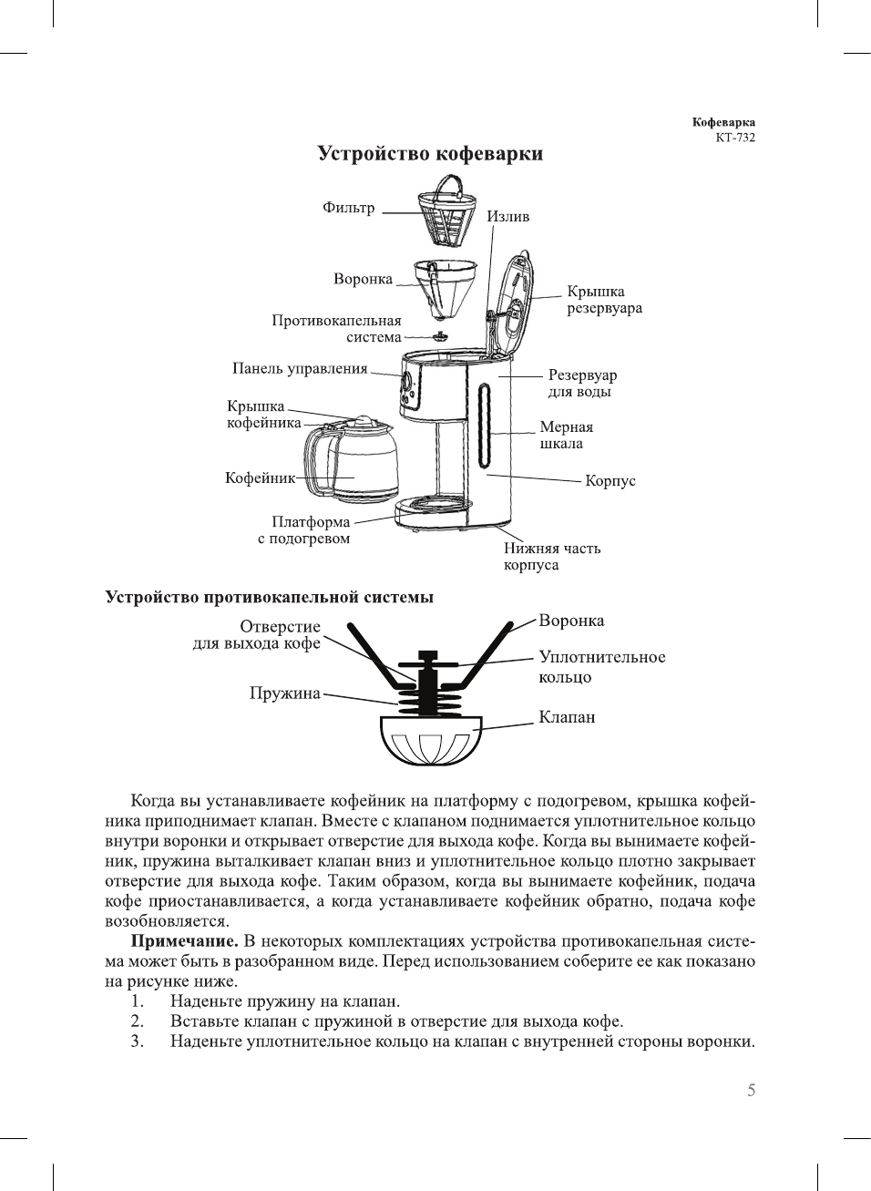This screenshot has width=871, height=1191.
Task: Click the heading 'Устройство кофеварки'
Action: pyautogui.click(x=430, y=153)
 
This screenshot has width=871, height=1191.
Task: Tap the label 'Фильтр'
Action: pyautogui.click(x=348, y=208)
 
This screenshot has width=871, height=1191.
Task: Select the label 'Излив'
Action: pyautogui.click(x=507, y=216)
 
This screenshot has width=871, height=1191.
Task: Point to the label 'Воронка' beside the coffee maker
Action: pyautogui.click(x=363, y=279)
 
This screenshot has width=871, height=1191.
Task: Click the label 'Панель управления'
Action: pyautogui.click(x=300, y=368)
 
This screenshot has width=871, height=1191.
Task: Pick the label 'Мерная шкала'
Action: pyautogui.click(x=566, y=436)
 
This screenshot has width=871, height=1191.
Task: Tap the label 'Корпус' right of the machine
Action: pyautogui.click(x=610, y=480)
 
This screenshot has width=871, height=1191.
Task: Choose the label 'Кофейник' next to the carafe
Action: pyautogui.click(x=260, y=477)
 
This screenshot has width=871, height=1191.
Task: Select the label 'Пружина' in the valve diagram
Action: pyautogui.click(x=284, y=693)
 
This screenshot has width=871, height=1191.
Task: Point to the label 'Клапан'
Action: pyautogui.click(x=567, y=717)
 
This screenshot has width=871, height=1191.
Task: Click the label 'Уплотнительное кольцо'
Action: pyautogui.click(x=601, y=667)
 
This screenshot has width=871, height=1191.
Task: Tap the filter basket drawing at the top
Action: pyautogui.click(x=447, y=214)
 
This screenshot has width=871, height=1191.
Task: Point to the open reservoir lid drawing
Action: pyautogui.click(x=511, y=301)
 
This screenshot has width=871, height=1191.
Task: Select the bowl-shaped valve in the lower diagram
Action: pyautogui.click(x=429, y=740)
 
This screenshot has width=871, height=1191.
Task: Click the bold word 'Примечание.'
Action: pyautogui.click(x=184, y=941)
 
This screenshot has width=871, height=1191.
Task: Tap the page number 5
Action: pyautogui.click(x=751, y=1091)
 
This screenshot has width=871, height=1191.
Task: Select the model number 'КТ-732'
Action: pyautogui.click(x=735, y=138)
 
